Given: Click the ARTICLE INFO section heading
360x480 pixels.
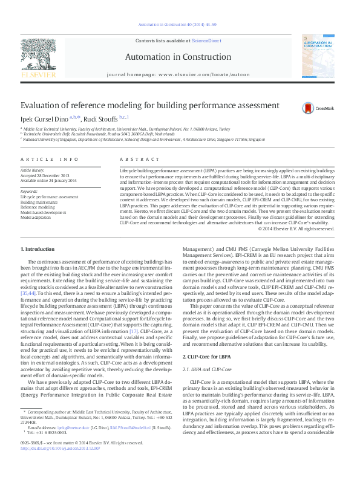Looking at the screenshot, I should click(x=50, y=159).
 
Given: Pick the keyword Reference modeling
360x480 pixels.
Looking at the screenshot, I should click(x=54, y=207).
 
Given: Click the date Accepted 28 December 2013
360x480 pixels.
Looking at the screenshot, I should click(x=52, y=176).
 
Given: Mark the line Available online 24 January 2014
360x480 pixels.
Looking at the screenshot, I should click(x=57, y=181).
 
